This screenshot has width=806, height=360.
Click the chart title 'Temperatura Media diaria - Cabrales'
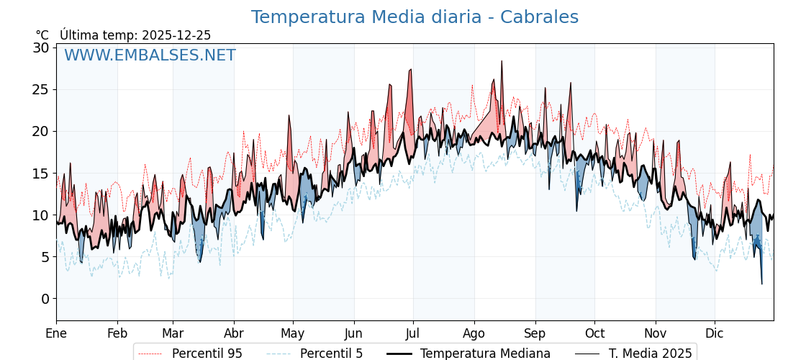coord(415,17)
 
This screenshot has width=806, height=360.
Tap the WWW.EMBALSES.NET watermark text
coord(150,55)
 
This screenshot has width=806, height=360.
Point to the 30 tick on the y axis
coord(41,48)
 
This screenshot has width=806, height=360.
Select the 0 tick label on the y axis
coord(45,299)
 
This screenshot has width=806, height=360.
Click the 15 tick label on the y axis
coord(41,174)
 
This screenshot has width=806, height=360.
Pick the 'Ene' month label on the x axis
coord(56,333)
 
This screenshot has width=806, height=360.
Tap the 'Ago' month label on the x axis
coord(474,333)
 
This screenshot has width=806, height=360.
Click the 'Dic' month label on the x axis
coord(715,333)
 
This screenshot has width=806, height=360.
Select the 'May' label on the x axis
coord(293,333)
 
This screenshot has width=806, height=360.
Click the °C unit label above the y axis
coord(42,35)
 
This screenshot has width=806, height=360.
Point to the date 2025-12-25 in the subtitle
coord(176,35)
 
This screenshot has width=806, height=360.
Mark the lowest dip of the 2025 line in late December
coord(761,284)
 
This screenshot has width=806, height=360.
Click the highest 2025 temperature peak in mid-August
coord(502,61)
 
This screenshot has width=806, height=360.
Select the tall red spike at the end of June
coord(411,70)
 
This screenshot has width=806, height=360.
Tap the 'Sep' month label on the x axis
coord(535,333)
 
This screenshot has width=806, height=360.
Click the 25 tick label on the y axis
coord(41,90)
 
